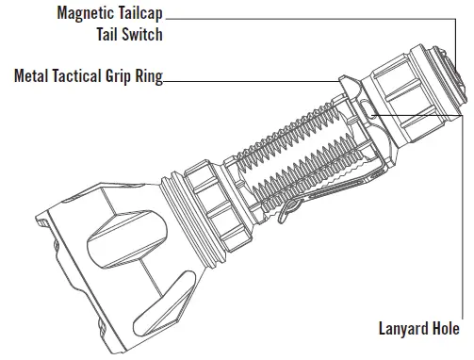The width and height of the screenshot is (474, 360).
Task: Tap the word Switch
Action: click(142, 37)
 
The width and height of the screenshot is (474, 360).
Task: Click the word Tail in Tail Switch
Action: click(108, 37)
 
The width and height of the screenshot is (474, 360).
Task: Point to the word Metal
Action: click(33, 76)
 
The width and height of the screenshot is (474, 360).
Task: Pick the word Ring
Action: click(151, 76)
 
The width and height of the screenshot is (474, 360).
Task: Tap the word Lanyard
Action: click(400, 329)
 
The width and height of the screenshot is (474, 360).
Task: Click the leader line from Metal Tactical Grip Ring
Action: click(245, 81)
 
